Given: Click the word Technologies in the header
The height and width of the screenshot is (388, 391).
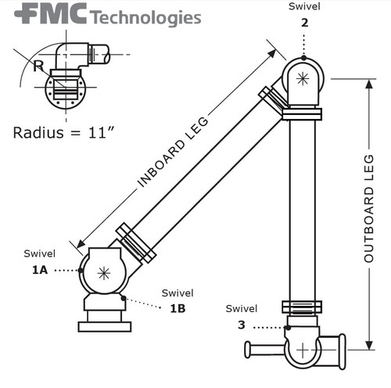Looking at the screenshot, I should pyautogui.click(x=145, y=17).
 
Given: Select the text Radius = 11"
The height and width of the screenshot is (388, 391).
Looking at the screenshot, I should pyautogui.click(x=64, y=131).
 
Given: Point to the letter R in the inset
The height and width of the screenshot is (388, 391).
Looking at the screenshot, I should pyautogui.click(x=38, y=66).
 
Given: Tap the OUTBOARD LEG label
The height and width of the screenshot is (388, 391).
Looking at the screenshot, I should pyautogui.click(x=369, y=208).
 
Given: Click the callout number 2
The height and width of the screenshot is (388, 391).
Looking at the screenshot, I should pyautogui.click(x=304, y=22).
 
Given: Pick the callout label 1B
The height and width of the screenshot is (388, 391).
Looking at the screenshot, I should pyautogui.click(x=178, y=307).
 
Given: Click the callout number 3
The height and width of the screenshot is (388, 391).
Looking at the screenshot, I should pyautogui.click(x=241, y=324).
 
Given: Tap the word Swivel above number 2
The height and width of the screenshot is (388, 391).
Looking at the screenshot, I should pyautogui.click(x=304, y=6).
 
